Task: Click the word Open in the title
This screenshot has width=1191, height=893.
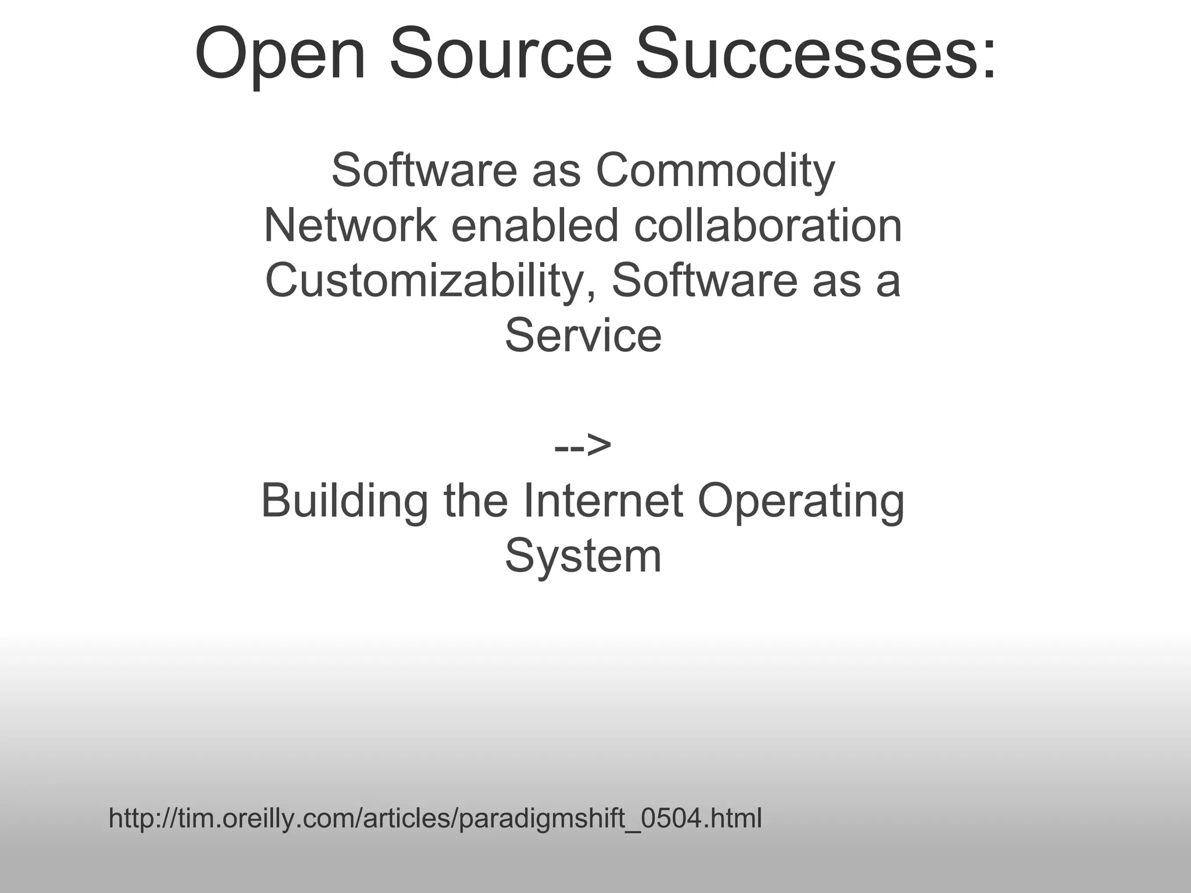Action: click(x=281, y=55)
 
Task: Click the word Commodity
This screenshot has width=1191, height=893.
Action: click(x=715, y=172)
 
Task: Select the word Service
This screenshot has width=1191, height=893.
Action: click(x=583, y=335)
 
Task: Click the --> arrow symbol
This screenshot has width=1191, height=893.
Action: click(x=583, y=446)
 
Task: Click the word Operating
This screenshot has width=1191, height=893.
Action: click(x=801, y=502)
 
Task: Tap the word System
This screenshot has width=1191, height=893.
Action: click(x=583, y=557)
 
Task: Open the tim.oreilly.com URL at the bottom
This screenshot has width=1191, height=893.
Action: click(x=435, y=819)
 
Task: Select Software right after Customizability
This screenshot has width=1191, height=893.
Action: click(x=704, y=280)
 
